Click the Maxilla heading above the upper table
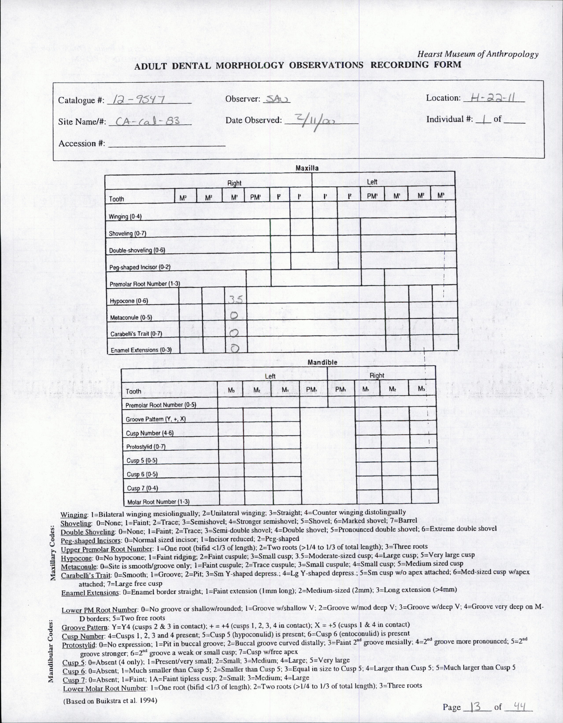point(307,168)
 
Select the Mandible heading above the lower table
point(322,362)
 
